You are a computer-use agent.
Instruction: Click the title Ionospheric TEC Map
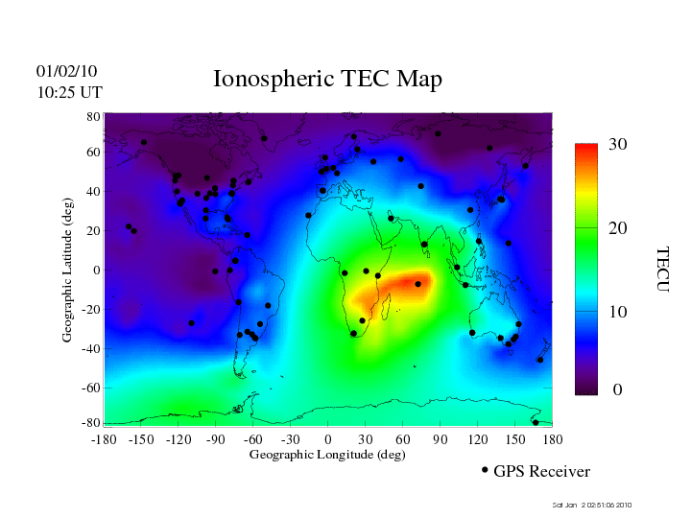[327, 80]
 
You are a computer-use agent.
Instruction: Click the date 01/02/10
[67, 72]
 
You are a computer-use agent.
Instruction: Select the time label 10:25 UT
[70, 92]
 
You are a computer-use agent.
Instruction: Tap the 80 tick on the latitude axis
[94, 116]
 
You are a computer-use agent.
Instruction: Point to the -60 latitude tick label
[91, 388]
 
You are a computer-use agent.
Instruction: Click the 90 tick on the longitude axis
[441, 439]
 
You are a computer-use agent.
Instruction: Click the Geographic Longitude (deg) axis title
[327, 455]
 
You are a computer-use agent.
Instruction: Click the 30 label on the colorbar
[618, 145]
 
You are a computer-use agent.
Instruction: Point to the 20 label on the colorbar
[618, 230]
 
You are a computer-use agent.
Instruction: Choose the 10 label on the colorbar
[618, 313]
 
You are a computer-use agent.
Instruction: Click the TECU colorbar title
[661, 269]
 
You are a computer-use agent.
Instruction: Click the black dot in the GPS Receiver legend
[485, 470]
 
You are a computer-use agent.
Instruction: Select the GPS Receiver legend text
[541, 471]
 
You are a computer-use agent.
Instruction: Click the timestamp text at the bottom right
[592, 505]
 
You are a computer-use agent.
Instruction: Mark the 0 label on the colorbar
[618, 390]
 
